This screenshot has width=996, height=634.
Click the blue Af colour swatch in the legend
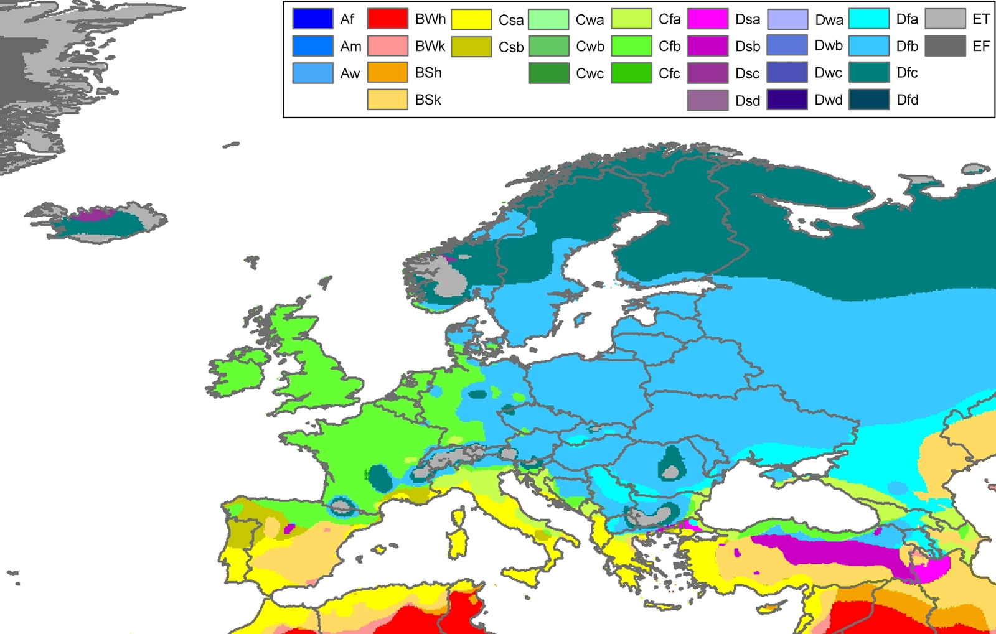312,19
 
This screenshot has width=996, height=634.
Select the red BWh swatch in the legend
387,19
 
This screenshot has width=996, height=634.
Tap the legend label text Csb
510,47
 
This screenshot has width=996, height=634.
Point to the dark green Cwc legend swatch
548,73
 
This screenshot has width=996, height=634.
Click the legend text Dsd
747,101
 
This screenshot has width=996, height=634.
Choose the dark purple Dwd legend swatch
787,100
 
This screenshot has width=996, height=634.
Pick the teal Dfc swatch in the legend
868,73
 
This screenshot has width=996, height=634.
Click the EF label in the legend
980,46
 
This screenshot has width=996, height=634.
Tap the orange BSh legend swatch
387,73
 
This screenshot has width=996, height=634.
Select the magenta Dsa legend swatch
707,19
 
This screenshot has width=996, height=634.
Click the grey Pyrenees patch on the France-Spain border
342,507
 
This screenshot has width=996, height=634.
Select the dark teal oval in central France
380,478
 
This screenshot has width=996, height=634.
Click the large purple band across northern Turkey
828,551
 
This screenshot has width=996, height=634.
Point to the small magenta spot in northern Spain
289,529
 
